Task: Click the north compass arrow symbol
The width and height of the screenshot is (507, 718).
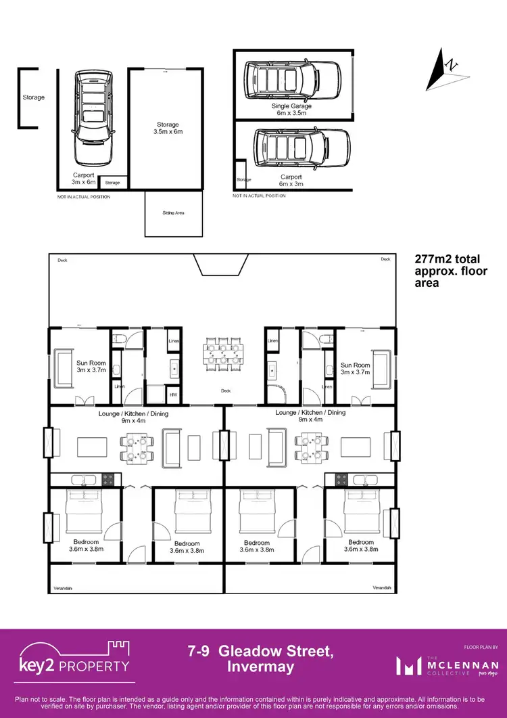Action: pyautogui.click(x=444, y=66)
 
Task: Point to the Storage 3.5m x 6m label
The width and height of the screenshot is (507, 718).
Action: pyautogui.click(x=168, y=129)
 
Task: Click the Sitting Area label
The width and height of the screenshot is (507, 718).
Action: pyautogui.click(x=173, y=212)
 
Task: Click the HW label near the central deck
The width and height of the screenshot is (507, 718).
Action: pyautogui.click(x=174, y=396)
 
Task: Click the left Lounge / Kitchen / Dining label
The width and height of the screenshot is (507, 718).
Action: pyautogui.click(x=136, y=417)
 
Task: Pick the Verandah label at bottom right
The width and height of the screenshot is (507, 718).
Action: pyautogui.click(x=382, y=587)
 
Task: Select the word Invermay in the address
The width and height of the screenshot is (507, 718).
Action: pyautogui.click(x=261, y=667)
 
